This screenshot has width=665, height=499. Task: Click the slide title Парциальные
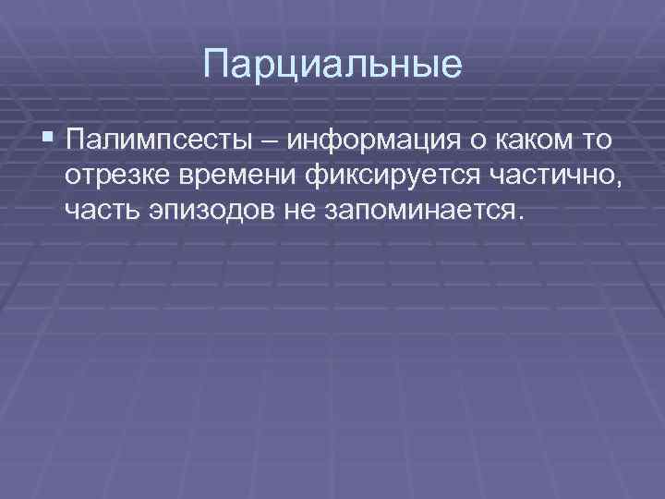332,65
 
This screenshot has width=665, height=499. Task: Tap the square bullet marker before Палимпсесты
48,140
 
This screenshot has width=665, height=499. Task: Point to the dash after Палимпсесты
275,142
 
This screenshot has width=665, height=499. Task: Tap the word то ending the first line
599,142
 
